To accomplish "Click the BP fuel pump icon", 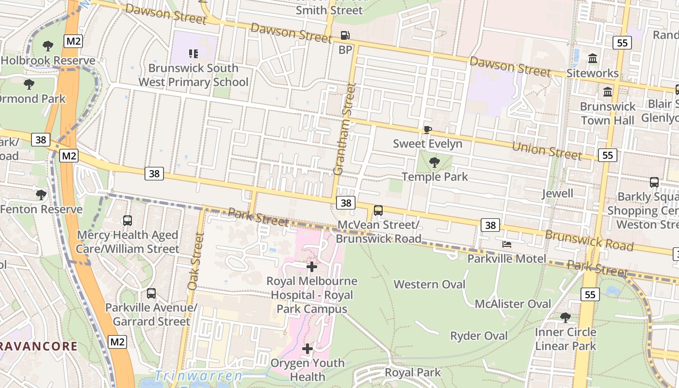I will coord(345,35).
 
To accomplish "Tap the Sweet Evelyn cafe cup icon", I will coord(427,129).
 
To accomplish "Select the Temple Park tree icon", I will coord(435,162).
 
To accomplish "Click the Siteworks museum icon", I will coord(593,59).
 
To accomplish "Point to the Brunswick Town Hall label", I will coord(607,113).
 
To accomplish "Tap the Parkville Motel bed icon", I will coord(507,244).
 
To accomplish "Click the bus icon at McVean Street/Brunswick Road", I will coord(378,210).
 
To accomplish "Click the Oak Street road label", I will coord(195,262).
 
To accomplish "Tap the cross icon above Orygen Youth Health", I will coord(307,348).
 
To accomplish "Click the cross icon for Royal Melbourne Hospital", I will coord(312,266).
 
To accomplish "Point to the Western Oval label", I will coord(429,284).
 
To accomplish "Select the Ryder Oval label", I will coord(479,336).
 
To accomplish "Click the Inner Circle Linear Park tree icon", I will coord(565,318).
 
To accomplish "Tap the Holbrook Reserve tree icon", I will coord(48,46).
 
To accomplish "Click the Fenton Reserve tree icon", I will coord(41,195).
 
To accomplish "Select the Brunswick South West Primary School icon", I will coord(194,53).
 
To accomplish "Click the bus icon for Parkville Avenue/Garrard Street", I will coord(151,293).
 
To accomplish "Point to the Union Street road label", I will coord(547,150).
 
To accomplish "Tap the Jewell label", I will coord(557,194).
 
